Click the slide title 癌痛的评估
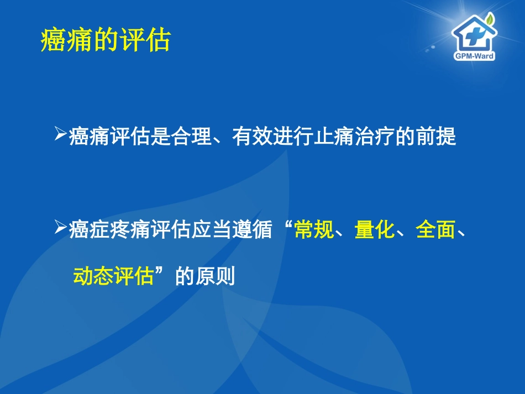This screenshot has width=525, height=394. pos(106,40)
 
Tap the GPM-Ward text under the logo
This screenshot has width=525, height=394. pos(474,56)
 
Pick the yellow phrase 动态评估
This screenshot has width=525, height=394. pos(113,275)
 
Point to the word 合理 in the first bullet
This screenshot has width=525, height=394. pos(192,136)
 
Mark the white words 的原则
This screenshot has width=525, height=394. pos(205,275)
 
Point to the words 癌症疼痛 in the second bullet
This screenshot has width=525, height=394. pos(109,229)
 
